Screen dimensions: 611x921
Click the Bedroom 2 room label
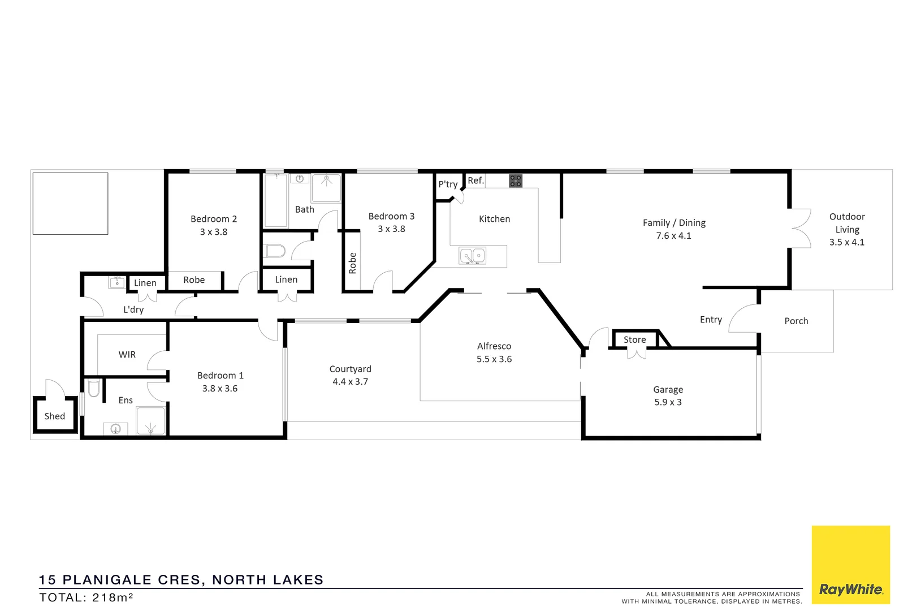(214, 219)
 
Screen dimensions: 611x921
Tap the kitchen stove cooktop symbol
(516, 181)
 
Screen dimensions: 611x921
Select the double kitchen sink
(472, 256)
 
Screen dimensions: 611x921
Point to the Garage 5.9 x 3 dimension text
(668, 402)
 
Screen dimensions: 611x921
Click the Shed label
(55, 416)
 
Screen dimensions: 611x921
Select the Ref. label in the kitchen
(475, 180)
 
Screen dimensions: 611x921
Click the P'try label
(448, 184)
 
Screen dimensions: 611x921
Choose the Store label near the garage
(634, 339)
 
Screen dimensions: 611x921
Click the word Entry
(711, 320)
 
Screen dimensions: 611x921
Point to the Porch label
(796, 321)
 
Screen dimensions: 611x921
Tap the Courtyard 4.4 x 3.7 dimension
(350, 382)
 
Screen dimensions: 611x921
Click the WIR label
(127, 355)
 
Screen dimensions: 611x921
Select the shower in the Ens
(150, 421)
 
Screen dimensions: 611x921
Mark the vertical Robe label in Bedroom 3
(353, 264)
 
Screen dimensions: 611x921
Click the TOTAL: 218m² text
(86, 597)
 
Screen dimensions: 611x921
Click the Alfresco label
(494, 346)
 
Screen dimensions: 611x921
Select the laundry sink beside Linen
(117, 282)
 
